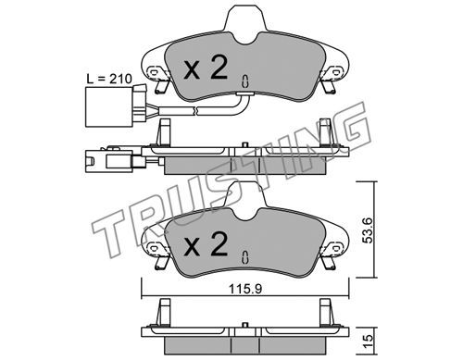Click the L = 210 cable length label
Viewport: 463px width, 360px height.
pyautogui.click(x=109, y=79)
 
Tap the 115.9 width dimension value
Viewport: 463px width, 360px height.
pyautogui.click(x=245, y=289)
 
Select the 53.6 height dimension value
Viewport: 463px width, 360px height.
pyautogui.click(x=369, y=230)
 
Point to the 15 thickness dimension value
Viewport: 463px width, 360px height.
pyautogui.click(x=369, y=341)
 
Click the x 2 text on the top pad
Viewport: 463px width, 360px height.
pyautogui.click(x=206, y=68)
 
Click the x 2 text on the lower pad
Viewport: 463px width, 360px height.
pyautogui.click(x=206, y=244)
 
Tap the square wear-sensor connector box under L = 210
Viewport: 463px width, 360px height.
pyautogui.click(x=110, y=107)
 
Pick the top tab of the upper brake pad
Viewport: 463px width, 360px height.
pyautogui.click(x=245, y=20)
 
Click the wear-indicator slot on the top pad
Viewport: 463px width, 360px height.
pyautogui.click(x=245, y=81)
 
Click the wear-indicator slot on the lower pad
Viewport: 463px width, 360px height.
pyautogui.click(x=245, y=257)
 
